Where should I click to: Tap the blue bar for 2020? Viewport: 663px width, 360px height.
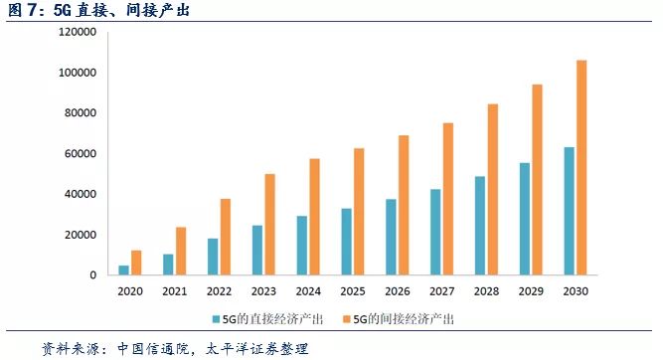point(124,270)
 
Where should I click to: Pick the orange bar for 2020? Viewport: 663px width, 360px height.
point(136,263)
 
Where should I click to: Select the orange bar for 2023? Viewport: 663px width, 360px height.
point(270,225)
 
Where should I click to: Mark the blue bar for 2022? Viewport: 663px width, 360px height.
point(213,257)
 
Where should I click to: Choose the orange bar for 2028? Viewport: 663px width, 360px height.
point(492,189)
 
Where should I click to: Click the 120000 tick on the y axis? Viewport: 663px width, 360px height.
point(76,33)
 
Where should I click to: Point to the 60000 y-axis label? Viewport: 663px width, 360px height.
point(79,154)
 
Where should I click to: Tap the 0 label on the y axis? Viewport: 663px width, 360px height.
point(91,275)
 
